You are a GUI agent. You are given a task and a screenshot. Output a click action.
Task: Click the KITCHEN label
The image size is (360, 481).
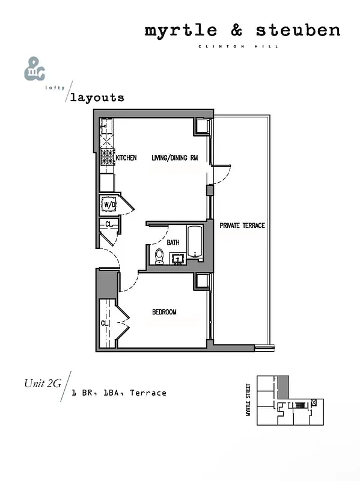(x=127, y=158)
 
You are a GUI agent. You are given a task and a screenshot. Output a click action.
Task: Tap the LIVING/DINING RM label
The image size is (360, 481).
(x=175, y=158)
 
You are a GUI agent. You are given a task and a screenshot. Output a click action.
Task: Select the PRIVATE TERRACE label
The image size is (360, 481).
(x=242, y=225)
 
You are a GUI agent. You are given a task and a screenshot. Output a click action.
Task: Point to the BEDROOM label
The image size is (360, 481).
(x=164, y=312)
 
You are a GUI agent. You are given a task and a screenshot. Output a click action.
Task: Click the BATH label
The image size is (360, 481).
(x=173, y=242)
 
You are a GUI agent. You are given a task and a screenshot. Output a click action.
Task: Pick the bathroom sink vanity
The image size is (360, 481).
(x=178, y=259)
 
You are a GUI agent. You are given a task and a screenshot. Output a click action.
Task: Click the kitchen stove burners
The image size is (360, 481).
(x=107, y=159)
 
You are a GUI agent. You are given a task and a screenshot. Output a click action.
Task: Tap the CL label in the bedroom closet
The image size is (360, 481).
(x=105, y=323)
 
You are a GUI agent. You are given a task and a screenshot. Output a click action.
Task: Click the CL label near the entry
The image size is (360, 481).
(x=108, y=224)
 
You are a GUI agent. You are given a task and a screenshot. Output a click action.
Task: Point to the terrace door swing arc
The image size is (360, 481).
(x=222, y=174)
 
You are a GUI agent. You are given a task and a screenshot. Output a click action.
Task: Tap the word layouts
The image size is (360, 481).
(x=97, y=97)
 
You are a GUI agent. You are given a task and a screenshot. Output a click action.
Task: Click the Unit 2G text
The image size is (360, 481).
(x=42, y=383)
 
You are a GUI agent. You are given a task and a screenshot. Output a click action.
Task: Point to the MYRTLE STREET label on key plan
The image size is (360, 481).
(x=248, y=401)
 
